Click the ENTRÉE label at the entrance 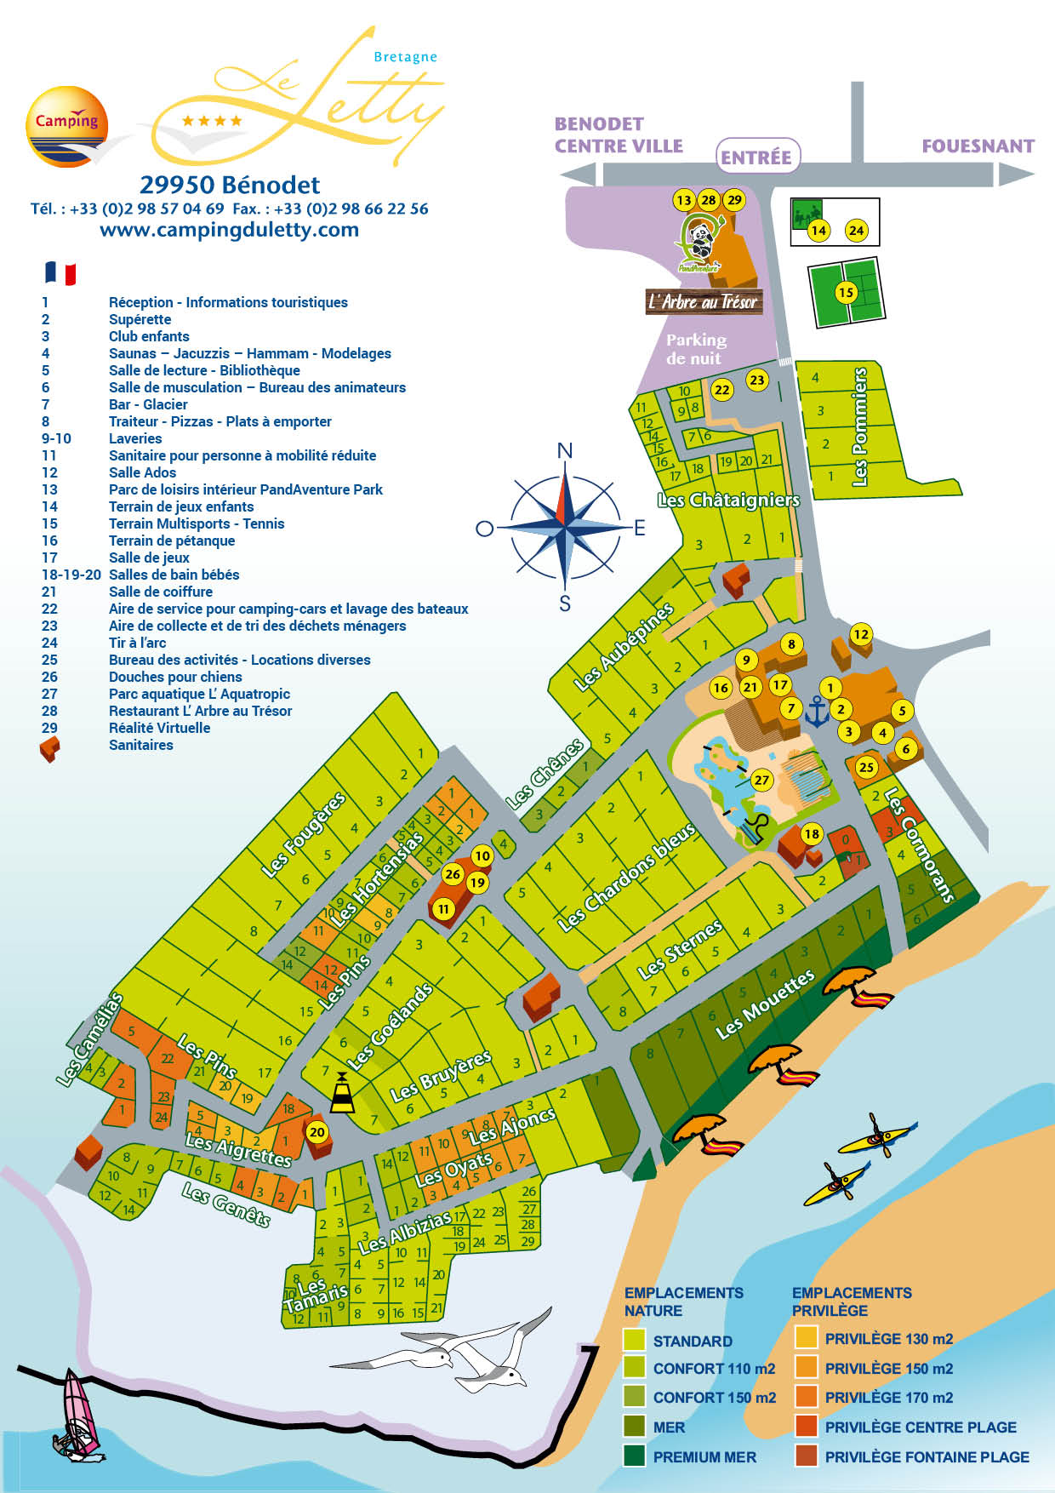pyautogui.click(x=756, y=157)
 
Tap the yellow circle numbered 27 pyautogui.click(x=761, y=780)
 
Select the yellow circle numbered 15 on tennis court pyautogui.click(x=845, y=293)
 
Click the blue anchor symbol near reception pyautogui.click(x=817, y=712)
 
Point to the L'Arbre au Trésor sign pyautogui.click(x=703, y=301)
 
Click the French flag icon pyautogui.click(x=60, y=273)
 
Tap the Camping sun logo pyautogui.click(x=67, y=126)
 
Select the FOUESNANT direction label pyautogui.click(x=978, y=146)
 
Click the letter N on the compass pyautogui.click(x=564, y=450)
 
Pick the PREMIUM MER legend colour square pyautogui.click(x=634, y=1456)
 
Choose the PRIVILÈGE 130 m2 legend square pyautogui.click(x=805, y=1337)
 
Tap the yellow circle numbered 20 pyautogui.click(x=316, y=1132)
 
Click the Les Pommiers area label pyautogui.click(x=859, y=426)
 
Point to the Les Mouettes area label pyautogui.click(x=764, y=1004)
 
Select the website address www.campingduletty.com pyautogui.click(x=229, y=230)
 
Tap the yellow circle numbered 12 pyautogui.click(x=861, y=634)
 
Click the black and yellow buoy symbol pyautogui.click(x=342, y=1094)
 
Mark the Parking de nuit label pyautogui.click(x=696, y=349)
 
